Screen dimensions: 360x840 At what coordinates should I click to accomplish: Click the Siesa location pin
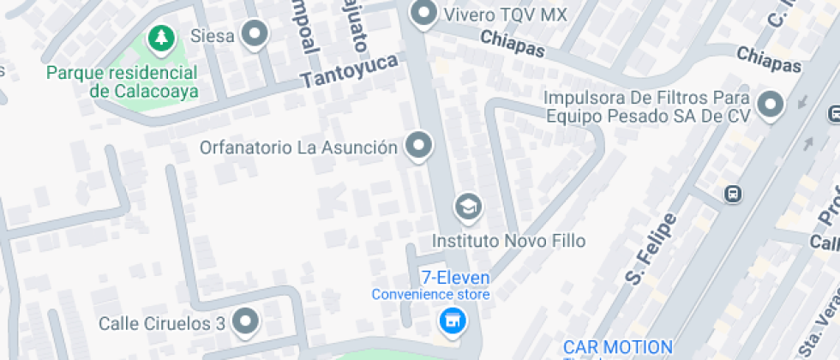(x=255, y=35)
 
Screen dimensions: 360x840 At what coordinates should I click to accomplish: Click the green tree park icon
(x=159, y=37)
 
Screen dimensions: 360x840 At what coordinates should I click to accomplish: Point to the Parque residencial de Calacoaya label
(x=123, y=82)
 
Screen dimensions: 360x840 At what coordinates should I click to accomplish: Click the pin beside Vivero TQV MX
(x=423, y=14)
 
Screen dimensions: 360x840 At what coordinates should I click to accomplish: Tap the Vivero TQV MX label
(x=505, y=14)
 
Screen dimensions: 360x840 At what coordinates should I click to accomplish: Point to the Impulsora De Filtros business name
(x=647, y=105)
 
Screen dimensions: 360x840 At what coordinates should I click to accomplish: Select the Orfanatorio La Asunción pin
(x=418, y=145)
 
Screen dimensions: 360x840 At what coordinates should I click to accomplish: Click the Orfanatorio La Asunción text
(x=298, y=147)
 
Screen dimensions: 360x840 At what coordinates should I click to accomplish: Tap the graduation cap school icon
(x=468, y=207)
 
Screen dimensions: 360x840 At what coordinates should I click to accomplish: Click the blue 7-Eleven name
(x=454, y=278)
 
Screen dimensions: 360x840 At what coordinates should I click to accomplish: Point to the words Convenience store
(x=430, y=295)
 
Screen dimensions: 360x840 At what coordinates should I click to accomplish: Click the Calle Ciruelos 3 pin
(x=247, y=321)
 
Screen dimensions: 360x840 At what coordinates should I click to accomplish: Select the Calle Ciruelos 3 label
(x=162, y=323)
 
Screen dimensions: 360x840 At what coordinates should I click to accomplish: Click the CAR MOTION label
(x=617, y=348)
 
